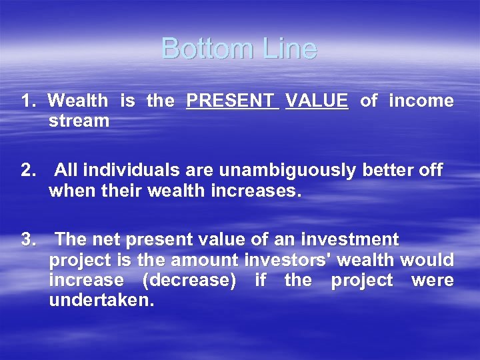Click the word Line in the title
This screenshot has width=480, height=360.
tap(289, 49)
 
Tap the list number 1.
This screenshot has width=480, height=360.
tap(28, 101)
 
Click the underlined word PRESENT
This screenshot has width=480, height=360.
tap(232, 101)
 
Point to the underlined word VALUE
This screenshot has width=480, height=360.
tap(316, 101)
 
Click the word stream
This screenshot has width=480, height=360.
tap(79, 121)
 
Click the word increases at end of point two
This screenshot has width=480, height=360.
tap(261, 192)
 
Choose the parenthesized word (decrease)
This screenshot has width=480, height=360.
tap(189, 281)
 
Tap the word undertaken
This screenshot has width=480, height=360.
tap(101, 301)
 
